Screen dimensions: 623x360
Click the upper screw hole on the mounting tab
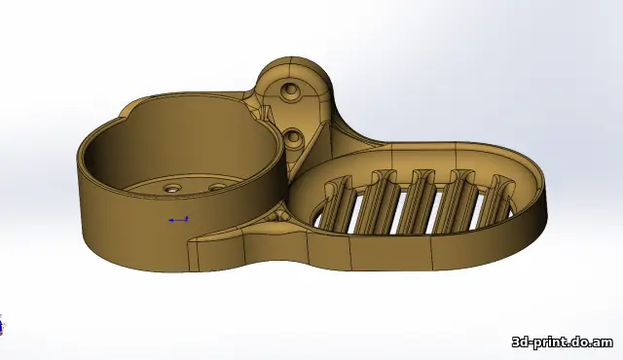289,91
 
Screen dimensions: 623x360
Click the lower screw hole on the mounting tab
294,137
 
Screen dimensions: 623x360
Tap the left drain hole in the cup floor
173,188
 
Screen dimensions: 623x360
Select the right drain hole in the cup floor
216,187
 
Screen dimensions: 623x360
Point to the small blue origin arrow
178,220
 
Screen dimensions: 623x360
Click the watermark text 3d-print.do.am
563,342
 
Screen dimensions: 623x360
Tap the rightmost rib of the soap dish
499,197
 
